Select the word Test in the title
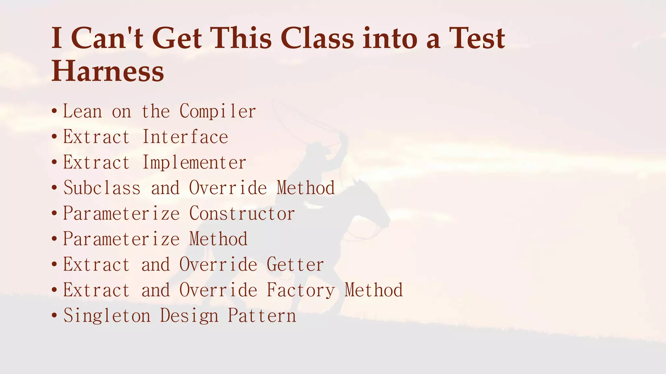coord(477,38)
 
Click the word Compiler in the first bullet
coord(218,111)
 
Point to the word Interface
coord(185,137)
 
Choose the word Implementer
coord(194,162)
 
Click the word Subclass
coord(102,188)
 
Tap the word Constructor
coord(242,214)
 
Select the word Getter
coord(295,265)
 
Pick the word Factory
coord(300,290)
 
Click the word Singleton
coord(107,316)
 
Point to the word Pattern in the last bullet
coord(262,316)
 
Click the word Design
coord(189,316)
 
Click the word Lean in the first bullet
coord(82,111)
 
